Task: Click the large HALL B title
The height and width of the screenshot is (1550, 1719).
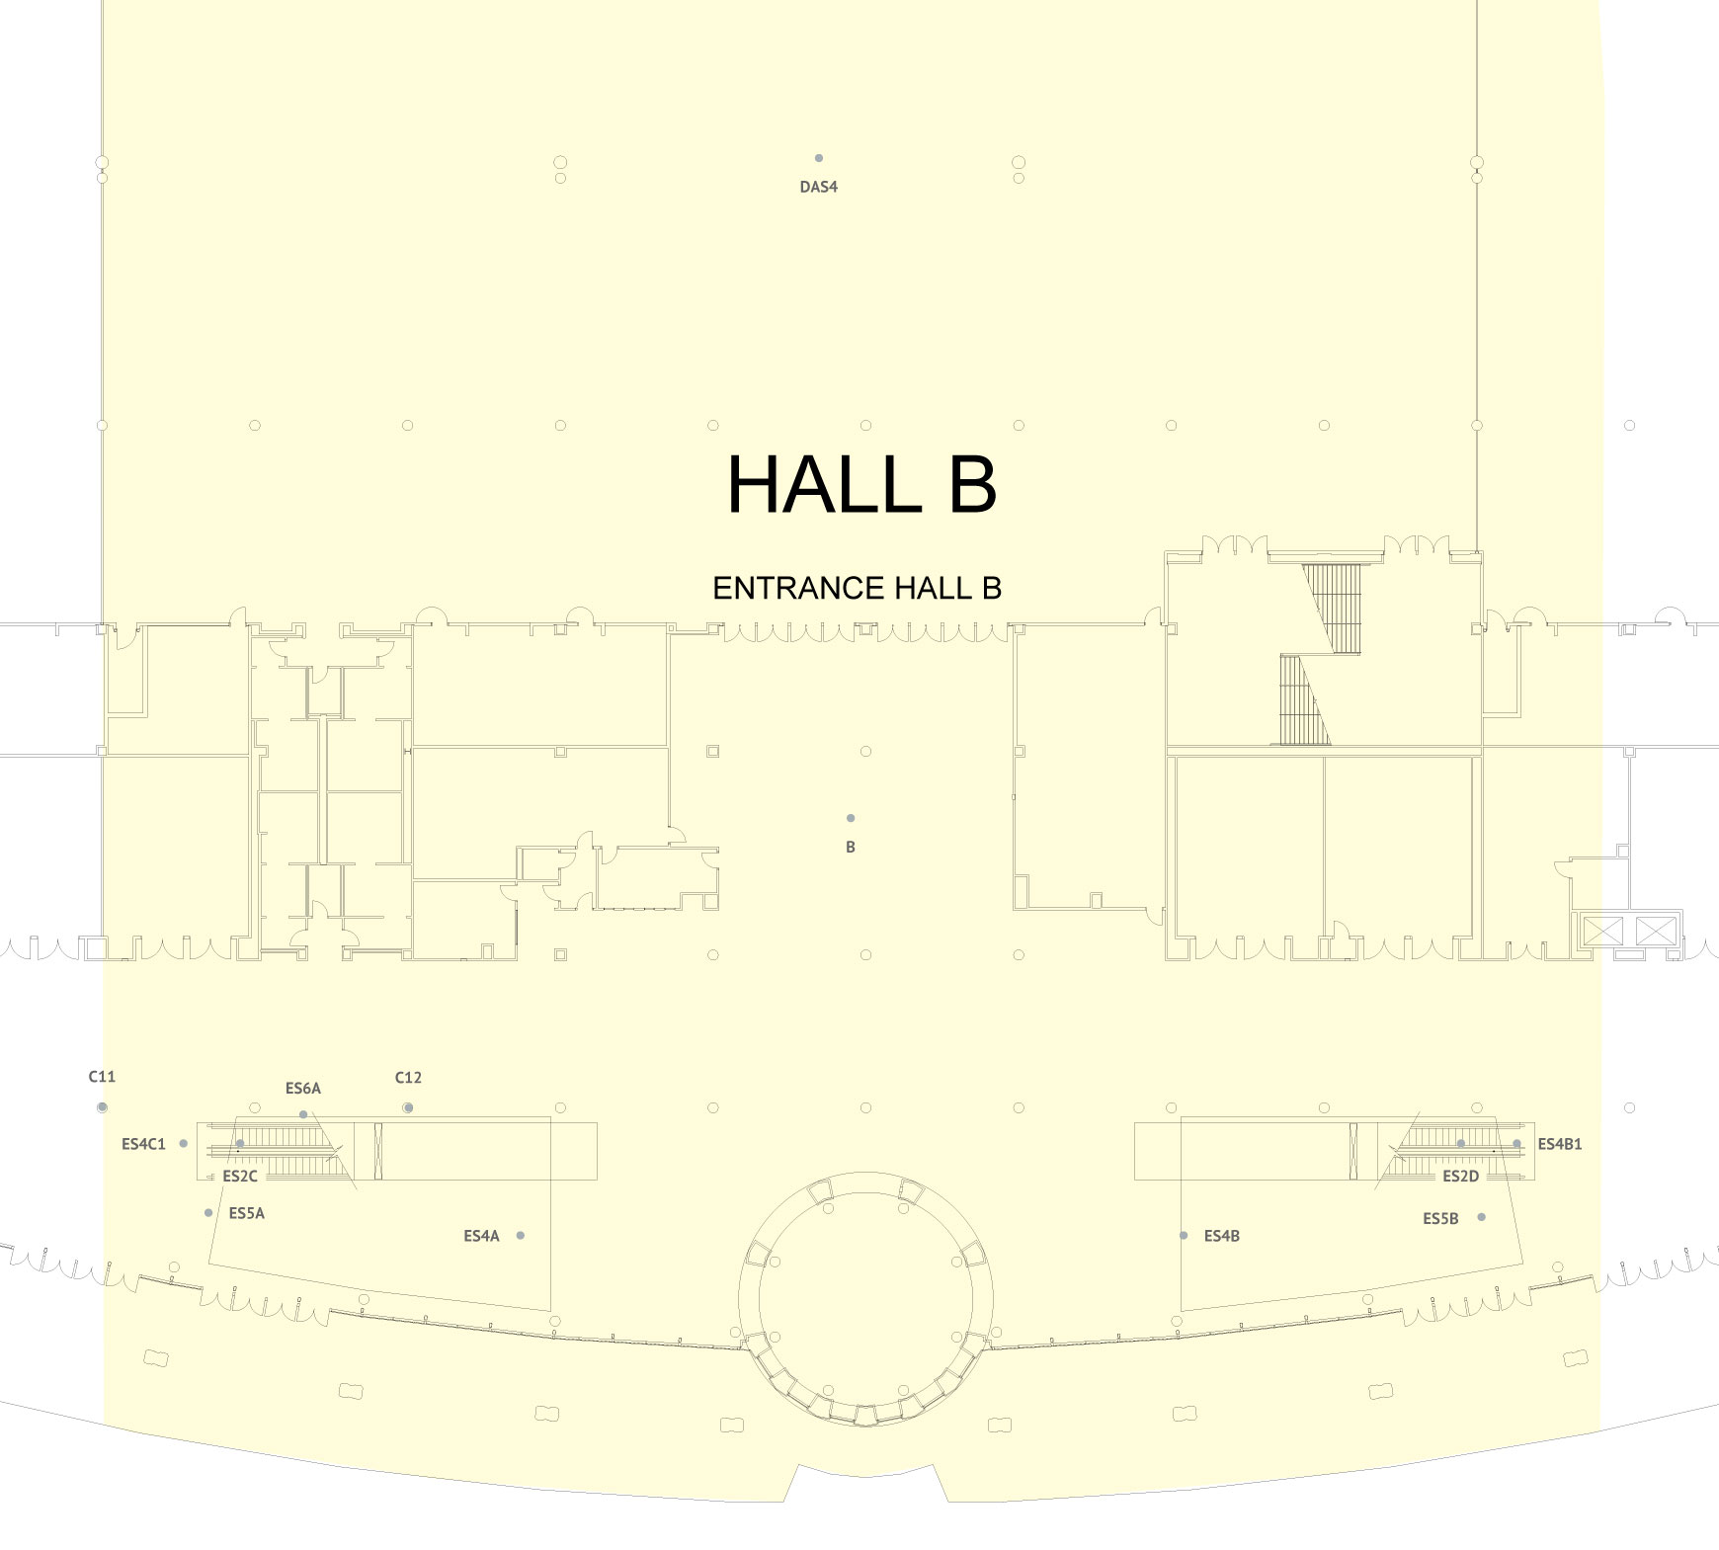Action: pyautogui.click(x=861, y=484)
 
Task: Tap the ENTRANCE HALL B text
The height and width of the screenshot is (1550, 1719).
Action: pyautogui.click(x=857, y=588)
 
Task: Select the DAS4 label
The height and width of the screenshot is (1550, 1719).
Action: pyautogui.click(x=819, y=187)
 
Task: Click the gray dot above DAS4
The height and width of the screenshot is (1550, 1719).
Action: pyautogui.click(x=819, y=158)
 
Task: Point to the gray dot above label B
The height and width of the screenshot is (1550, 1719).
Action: pyautogui.click(x=851, y=818)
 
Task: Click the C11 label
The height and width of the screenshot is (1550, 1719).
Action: pyautogui.click(x=102, y=1077)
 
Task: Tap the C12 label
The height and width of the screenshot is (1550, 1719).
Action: pyautogui.click(x=408, y=1078)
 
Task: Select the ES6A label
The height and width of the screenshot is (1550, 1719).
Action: pyautogui.click(x=303, y=1089)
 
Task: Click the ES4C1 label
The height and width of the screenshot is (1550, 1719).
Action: pyautogui.click(x=143, y=1144)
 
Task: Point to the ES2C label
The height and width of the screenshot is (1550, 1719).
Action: pyautogui.click(x=240, y=1176)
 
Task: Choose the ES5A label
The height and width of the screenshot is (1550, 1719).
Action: pyautogui.click(x=247, y=1213)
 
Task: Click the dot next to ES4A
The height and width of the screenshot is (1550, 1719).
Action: pyautogui.click(x=521, y=1235)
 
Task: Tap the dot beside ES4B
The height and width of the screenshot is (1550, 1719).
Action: pyautogui.click(x=1184, y=1235)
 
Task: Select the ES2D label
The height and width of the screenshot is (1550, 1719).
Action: pyautogui.click(x=1461, y=1176)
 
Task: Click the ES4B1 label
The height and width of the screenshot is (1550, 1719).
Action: pyautogui.click(x=1560, y=1144)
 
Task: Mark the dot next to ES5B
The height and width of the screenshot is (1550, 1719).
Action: pyautogui.click(x=1482, y=1217)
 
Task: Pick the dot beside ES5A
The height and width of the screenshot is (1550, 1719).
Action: pyautogui.click(x=208, y=1212)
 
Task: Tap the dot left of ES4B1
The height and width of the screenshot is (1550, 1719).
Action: pyautogui.click(x=1517, y=1144)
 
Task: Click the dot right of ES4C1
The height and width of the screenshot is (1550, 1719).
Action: pyautogui.click(x=184, y=1144)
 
